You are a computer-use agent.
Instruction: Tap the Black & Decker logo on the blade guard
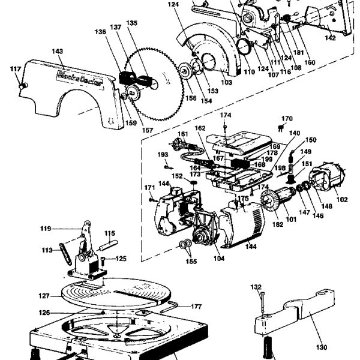(70, 75)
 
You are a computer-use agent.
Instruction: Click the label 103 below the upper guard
(211, 82)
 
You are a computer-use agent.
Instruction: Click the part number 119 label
(46, 228)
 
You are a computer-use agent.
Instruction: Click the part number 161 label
(183, 133)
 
